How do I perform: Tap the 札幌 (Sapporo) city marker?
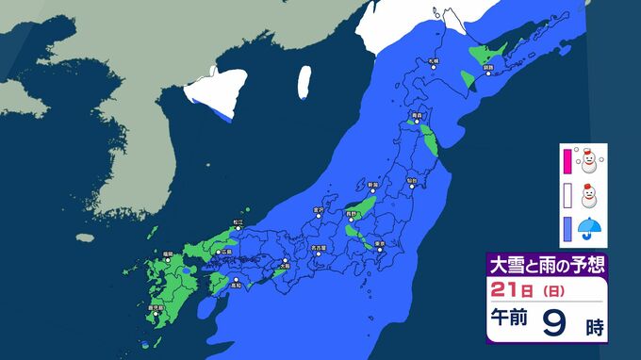click(433, 67)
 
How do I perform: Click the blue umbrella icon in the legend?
click(590, 227)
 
